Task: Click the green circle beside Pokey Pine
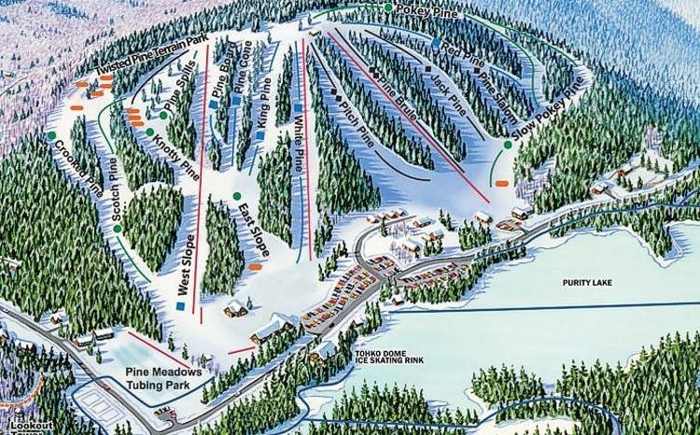click(388, 7)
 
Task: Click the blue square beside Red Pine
click(437, 43)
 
